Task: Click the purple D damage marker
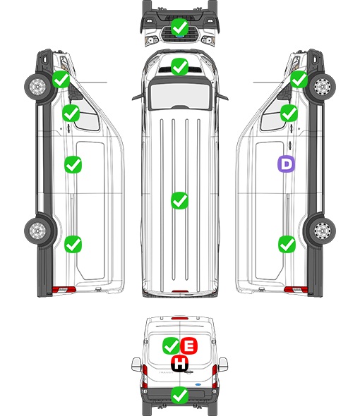[286, 164]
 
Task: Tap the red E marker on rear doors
[189, 345]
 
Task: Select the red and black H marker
[180, 363]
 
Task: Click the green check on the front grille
[179, 27]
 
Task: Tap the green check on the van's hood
[179, 66]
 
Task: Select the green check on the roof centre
[179, 200]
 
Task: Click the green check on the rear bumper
[179, 396]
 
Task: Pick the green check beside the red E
[171, 345]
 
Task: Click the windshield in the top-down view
[180, 95]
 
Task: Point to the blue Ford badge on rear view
[198, 384]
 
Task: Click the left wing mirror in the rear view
[136, 365]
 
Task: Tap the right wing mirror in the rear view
[223, 365]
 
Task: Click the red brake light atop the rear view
[180, 318]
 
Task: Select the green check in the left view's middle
[73, 165]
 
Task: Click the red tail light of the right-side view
[296, 290]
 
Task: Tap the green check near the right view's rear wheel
[287, 245]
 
